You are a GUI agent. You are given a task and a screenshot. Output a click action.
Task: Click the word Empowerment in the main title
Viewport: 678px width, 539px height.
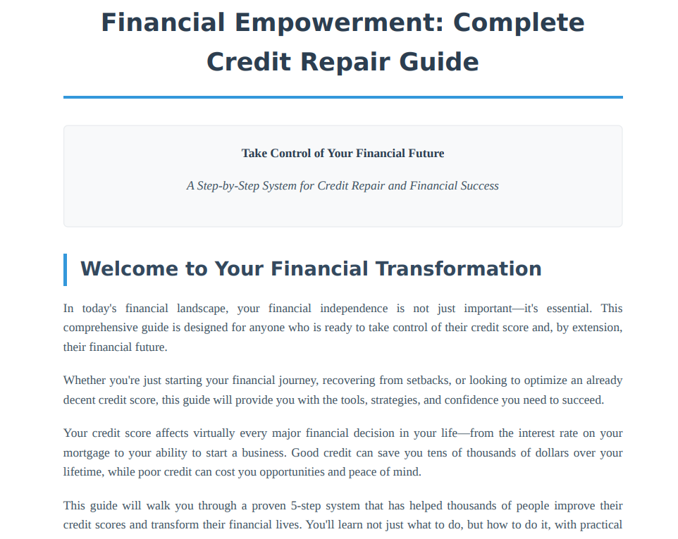[339, 24]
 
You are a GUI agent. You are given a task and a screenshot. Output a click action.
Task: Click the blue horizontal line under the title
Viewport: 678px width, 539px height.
[343, 97]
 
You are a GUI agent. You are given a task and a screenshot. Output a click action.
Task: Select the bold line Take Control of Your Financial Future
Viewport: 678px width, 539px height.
[343, 154]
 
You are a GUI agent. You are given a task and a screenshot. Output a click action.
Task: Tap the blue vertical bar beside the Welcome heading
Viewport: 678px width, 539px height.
[66, 270]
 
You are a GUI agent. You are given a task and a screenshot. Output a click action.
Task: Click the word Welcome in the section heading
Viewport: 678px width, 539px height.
[129, 269]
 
